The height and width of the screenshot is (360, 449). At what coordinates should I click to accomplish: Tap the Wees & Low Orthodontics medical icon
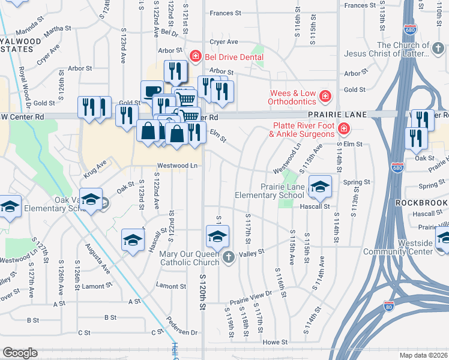coord(325,96)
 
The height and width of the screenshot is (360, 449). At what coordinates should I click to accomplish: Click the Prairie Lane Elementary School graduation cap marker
coord(320,187)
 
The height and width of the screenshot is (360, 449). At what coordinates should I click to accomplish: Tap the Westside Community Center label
coord(423,247)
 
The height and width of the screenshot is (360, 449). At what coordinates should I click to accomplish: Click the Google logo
coord(20,353)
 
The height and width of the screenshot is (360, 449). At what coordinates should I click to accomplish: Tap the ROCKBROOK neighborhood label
coord(422,203)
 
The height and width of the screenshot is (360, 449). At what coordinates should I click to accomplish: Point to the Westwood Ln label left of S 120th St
coord(177,165)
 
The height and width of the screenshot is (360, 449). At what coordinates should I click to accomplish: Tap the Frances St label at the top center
coord(225,12)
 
